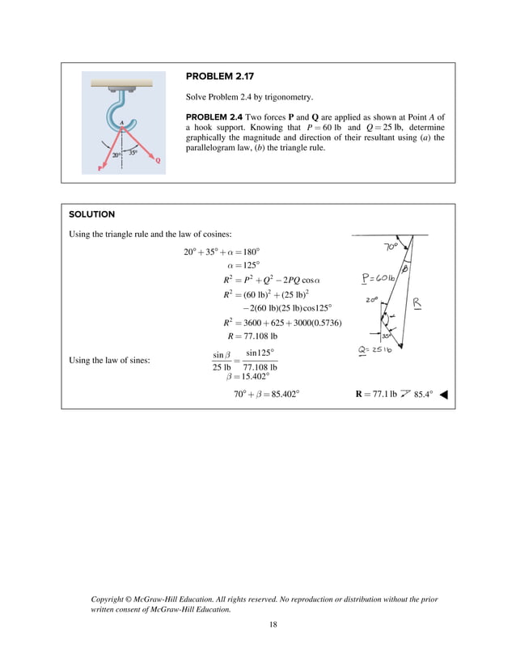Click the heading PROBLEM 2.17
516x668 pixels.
coord(219,77)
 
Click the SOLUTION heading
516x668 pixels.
coord(91,214)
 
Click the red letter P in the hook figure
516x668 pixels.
coord(100,168)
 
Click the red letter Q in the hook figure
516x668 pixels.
coord(158,160)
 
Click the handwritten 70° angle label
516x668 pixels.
coord(391,246)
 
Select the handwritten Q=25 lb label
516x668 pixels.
coord(375,349)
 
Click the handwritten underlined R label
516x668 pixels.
coord(417,302)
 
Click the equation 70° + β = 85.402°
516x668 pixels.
coord(266,395)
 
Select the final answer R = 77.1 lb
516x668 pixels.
coord(376,395)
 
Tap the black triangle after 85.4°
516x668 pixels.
coord(443,395)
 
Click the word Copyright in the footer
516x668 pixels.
coord(114,599)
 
